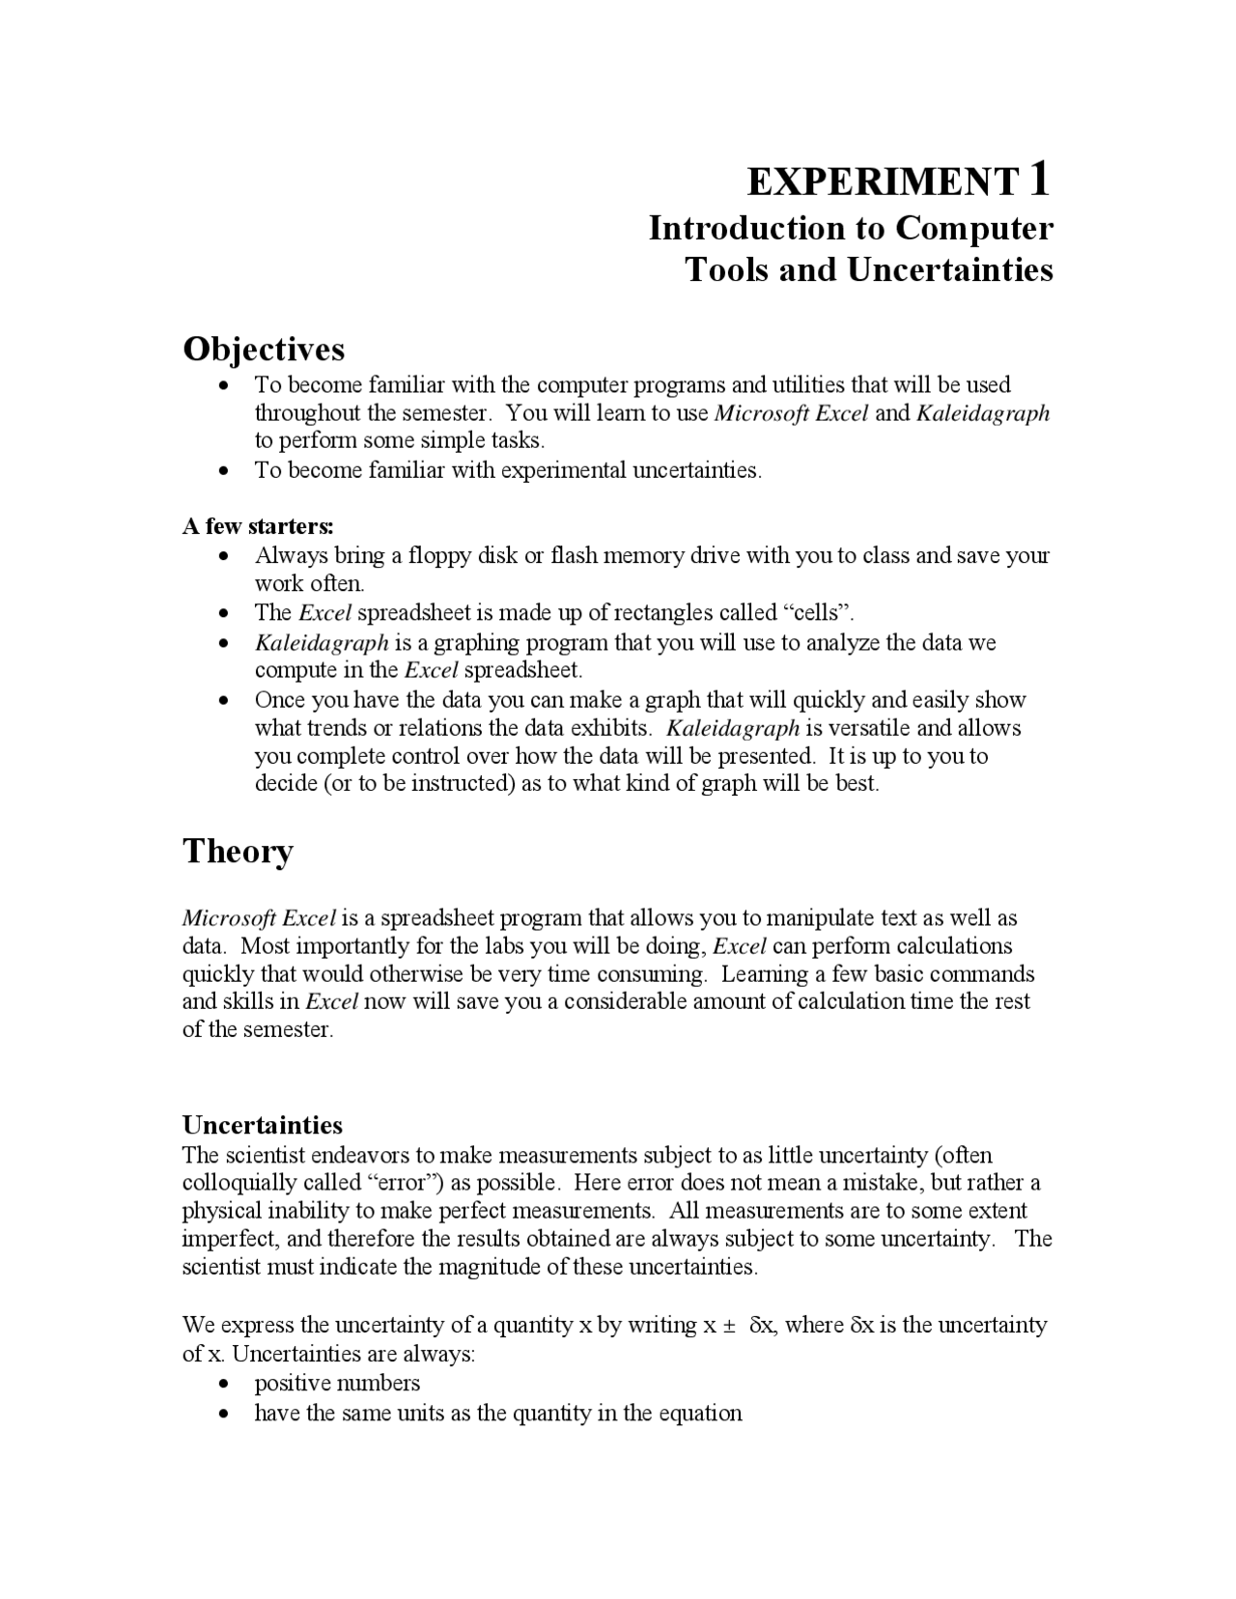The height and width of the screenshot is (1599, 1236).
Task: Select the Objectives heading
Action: click(x=264, y=349)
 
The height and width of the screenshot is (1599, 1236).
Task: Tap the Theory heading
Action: click(x=238, y=852)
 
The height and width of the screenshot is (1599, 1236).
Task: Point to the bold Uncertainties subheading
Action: click(x=263, y=1125)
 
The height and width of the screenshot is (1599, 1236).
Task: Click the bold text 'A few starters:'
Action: click(x=258, y=526)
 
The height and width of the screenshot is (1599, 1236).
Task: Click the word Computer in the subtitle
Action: click(x=973, y=229)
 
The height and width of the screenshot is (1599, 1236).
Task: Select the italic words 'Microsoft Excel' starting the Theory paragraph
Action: click(x=259, y=917)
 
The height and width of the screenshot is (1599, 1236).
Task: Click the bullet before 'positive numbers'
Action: click(x=224, y=1385)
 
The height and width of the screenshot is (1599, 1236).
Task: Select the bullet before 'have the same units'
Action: click(x=224, y=1415)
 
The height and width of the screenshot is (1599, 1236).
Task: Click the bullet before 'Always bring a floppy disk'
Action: click(x=224, y=557)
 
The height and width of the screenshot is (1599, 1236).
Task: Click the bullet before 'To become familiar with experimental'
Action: click(x=224, y=471)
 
